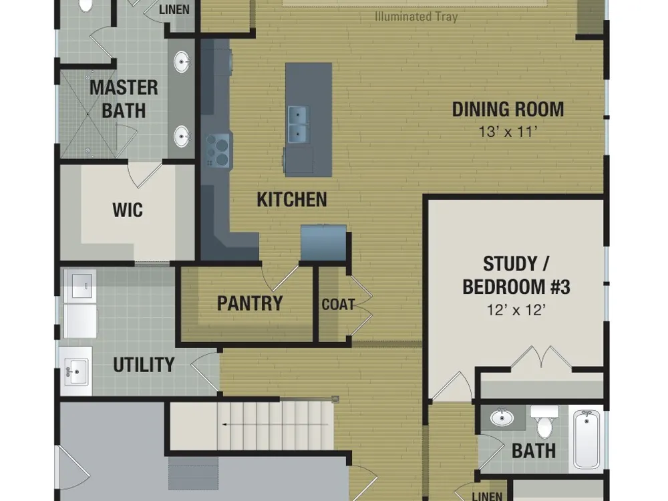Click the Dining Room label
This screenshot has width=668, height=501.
point(508,110)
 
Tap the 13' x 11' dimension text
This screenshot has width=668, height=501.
point(506,132)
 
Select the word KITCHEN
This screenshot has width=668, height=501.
point(292,199)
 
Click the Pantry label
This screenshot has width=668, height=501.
point(250,303)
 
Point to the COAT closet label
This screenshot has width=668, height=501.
point(338,305)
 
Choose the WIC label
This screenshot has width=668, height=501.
point(128,210)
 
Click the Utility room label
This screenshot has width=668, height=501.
point(144,365)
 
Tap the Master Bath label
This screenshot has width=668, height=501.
point(124,99)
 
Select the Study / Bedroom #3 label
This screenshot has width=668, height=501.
point(516,275)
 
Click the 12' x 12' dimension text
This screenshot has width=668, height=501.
point(516,310)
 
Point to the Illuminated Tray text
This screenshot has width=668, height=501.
point(416,17)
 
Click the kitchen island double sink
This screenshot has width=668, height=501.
point(298,124)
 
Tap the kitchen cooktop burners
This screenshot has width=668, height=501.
point(217,150)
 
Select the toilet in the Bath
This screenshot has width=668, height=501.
point(544,421)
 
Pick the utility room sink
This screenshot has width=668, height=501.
point(76,371)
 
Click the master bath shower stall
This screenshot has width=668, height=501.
point(88,114)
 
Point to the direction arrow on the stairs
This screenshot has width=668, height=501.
point(275,425)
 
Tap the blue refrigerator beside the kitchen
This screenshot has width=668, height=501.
point(323,243)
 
